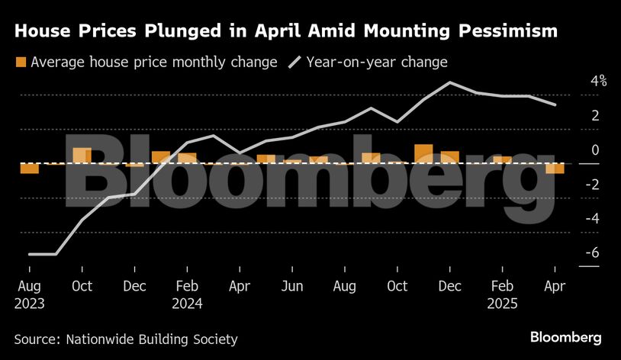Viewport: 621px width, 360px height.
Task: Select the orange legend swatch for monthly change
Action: tap(21, 62)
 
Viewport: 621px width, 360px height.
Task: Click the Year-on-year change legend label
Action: tap(377, 62)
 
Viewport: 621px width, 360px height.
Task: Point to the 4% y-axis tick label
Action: tap(597, 81)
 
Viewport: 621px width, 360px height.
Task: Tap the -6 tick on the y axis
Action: tap(594, 253)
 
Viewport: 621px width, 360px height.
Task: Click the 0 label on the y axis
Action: tap(595, 150)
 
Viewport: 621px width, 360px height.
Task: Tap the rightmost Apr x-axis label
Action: tap(555, 287)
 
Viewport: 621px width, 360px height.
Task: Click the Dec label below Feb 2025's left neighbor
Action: tap(449, 287)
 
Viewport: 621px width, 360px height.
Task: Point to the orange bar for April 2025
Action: tap(555, 169)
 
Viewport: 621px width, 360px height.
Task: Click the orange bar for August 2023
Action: tap(29, 169)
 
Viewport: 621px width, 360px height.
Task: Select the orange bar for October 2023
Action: tap(82, 156)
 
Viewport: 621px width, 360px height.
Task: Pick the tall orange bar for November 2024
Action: tap(423, 153)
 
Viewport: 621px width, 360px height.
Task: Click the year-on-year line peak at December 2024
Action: tap(450, 82)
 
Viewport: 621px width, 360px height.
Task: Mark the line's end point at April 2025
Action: tap(555, 104)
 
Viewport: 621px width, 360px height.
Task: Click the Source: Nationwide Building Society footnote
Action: tap(126, 339)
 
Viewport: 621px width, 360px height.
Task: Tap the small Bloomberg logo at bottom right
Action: tap(565, 337)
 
